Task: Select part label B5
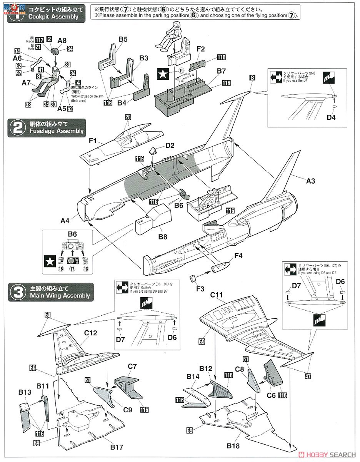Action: (123, 39)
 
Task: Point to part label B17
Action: (117, 447)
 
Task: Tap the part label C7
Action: (132, 366)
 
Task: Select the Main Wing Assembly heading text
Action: (58, 296)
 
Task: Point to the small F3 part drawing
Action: (194, 278)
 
